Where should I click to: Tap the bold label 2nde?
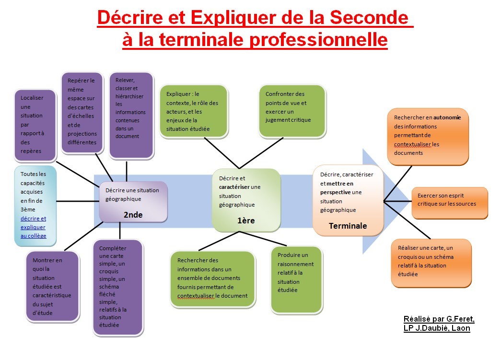tap(133, 215)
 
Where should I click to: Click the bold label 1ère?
tap(246, 221)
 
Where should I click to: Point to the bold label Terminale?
tap(348, 226)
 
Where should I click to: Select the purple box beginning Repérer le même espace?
tap(82, 113)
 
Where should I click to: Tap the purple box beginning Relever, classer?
tap(131, 116)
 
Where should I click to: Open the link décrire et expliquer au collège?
tap(33, 227)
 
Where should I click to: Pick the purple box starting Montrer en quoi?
tap(52, 286)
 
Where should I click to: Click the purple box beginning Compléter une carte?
tap(118, 288)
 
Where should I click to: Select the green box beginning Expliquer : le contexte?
tap(194, 112)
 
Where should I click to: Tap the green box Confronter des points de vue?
tap(292, 111)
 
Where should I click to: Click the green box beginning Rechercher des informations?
tap(212, 279)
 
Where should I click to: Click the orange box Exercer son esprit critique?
tap(450, 203)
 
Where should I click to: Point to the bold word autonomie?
tap(447, 117)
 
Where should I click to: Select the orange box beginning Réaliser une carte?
tap(431, 263)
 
